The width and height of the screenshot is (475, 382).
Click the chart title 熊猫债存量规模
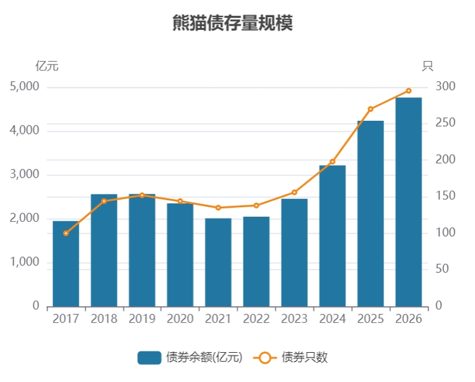(233, 24)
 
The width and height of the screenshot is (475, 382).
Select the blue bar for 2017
(66, 264)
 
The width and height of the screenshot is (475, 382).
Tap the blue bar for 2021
(218, 263)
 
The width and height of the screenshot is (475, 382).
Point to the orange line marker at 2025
(370, 109)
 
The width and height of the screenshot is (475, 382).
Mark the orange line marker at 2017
(66, 233)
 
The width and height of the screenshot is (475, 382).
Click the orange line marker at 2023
(294, 192)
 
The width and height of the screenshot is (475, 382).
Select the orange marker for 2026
(408, 90)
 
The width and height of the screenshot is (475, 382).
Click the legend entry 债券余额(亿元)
(190, 358)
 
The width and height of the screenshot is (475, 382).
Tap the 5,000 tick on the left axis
(25, 87)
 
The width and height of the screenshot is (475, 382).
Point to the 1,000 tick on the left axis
(25, 263)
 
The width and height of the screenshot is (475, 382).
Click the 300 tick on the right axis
(445, 87)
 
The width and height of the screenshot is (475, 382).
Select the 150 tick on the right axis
(445, 196)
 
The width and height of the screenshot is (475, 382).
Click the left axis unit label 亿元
(47, 66)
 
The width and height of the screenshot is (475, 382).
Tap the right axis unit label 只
(427, 66)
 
